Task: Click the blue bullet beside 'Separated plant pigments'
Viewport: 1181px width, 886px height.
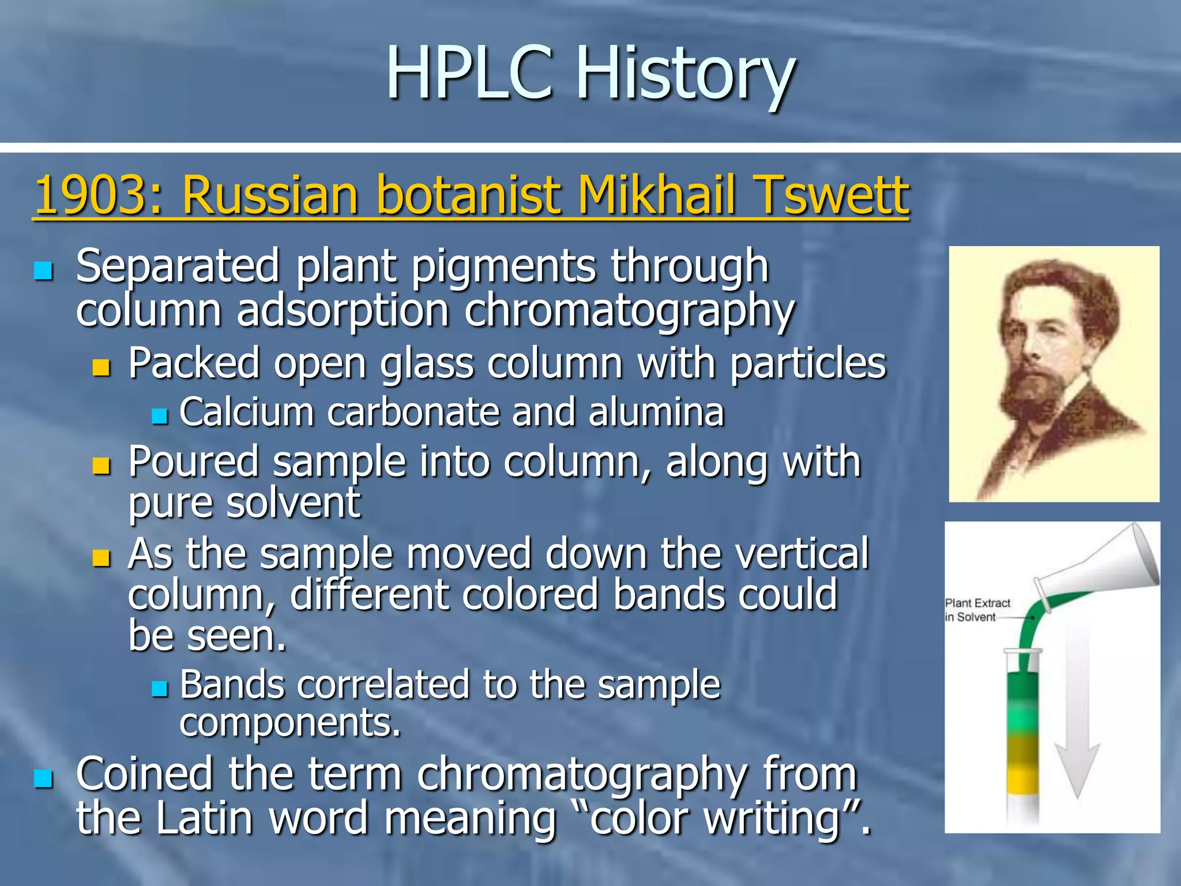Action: pyautogui.click(x=44, y=270)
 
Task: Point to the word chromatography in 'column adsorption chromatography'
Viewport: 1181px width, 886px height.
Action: pyautogui.click(x=629, y=311)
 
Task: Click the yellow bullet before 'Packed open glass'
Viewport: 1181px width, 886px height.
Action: pyautogui.click(x=101, y=367)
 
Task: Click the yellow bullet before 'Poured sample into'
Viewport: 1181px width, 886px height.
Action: pyautogui.click(x=101, y=465)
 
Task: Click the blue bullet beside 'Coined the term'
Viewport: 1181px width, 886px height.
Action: pyautogui.click(x=44, y=778)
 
